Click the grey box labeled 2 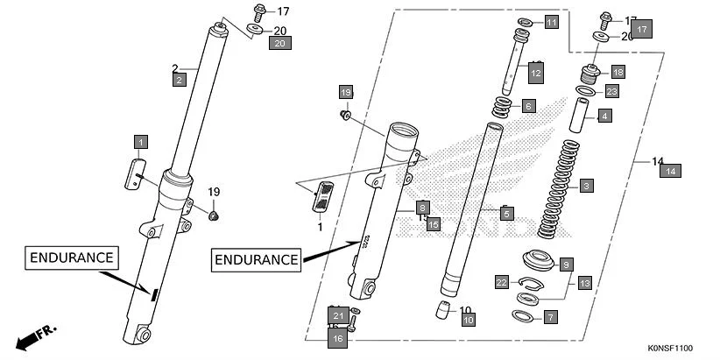(179, 80)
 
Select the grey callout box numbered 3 (586, 186)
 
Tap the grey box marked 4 (604, 116)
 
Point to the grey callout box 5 (505, 213)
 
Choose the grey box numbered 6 (527, 106)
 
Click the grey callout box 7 (549, 317)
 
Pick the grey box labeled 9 (566, 265)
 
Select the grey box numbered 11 (550, 23)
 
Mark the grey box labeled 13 (584, 283)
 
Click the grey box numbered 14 (670, 171)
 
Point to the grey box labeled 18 (618, 72)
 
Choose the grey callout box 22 (501, 282)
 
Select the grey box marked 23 (611, 92)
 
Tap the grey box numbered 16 (337, 338)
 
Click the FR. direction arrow (37, 336)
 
